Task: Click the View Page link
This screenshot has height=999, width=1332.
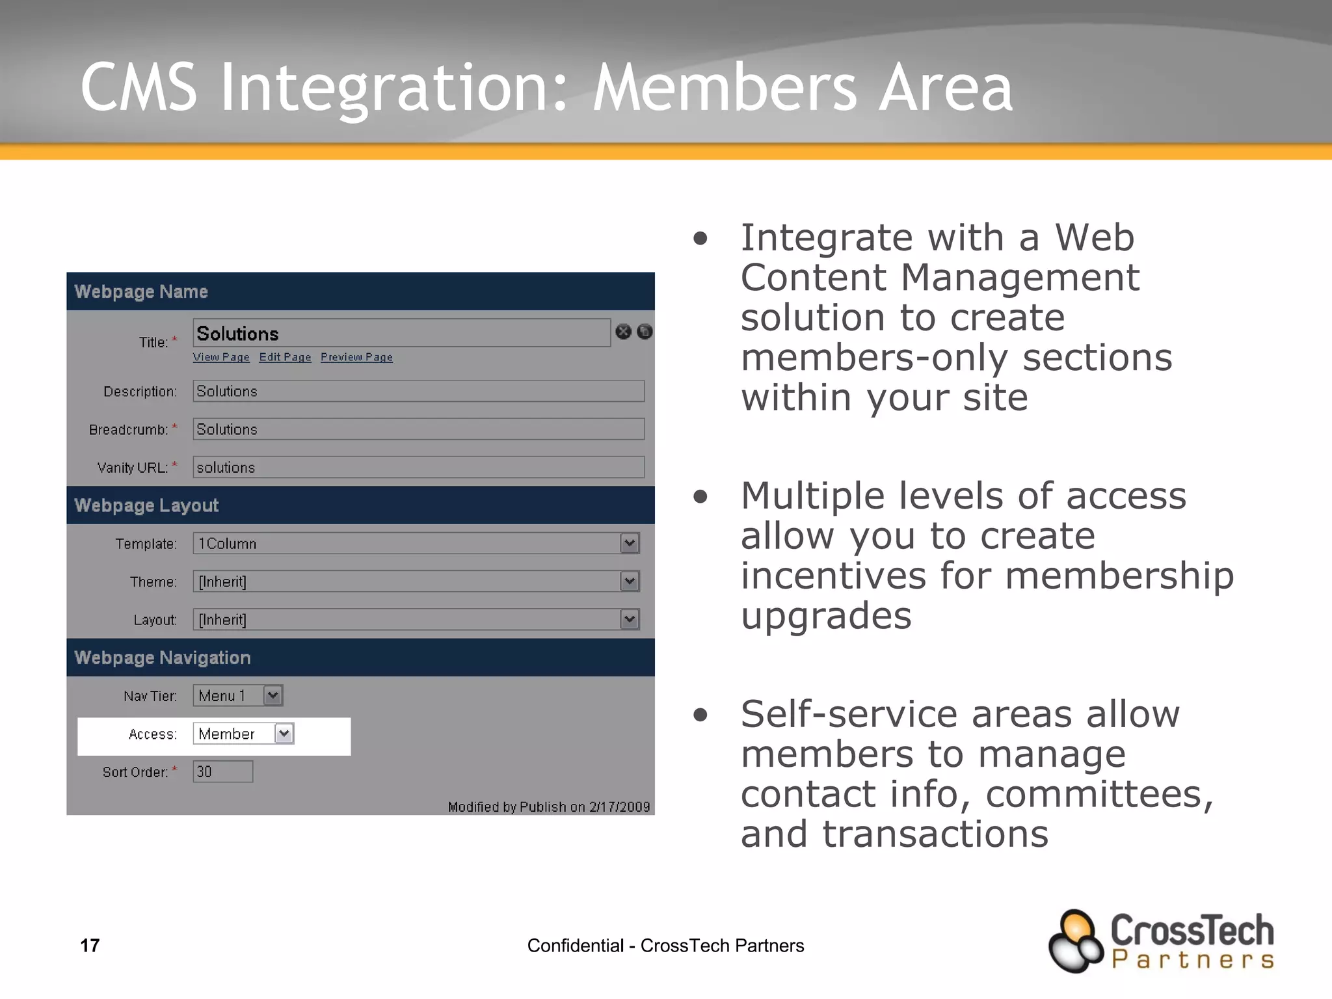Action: click(x=220, y=357)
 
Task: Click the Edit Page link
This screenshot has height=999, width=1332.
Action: click(x=285, y=357)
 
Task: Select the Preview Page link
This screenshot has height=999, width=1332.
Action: click(x=356, y=357)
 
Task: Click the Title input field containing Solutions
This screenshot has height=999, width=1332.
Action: click(x=401, y=333)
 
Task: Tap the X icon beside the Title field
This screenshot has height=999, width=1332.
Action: click(x=623, y=332)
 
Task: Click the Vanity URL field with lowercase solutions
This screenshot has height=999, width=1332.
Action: click(x=418, y=468)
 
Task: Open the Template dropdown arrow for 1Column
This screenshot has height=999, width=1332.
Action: click(x=630, y=543)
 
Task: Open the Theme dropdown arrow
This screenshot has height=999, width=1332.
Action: click(x=630, y=581)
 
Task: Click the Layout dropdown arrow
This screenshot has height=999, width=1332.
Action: click(x=630, y=619)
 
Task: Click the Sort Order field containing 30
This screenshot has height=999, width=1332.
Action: click(x=222, y=772)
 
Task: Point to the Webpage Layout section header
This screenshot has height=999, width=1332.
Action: click(x=146, y=505)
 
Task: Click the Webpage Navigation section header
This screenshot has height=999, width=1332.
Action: click(x=163, y=658)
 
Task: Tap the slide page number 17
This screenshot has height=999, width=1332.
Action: click(x=90, y=945)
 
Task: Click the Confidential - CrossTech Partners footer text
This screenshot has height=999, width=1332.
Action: click(x=665, y=945)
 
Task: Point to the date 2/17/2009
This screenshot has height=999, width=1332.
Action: click(x=619, y=807)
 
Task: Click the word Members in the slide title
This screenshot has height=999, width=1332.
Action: click(x=725, y=88)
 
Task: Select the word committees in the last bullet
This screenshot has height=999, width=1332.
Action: click(x=1099, y=795)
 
